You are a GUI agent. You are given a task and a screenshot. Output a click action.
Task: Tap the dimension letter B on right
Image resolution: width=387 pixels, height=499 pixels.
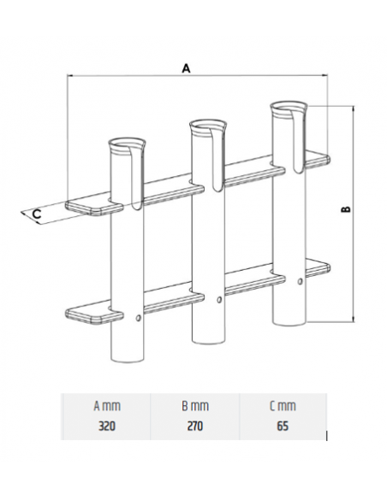[x=346, y=210]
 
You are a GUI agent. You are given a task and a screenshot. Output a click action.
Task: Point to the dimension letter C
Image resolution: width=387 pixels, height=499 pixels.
[x=37, y=213]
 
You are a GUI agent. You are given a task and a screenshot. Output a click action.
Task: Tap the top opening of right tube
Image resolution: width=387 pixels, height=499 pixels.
[x=289, y=109]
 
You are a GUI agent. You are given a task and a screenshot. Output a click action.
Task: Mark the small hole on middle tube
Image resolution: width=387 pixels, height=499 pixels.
[x=220, y=299]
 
